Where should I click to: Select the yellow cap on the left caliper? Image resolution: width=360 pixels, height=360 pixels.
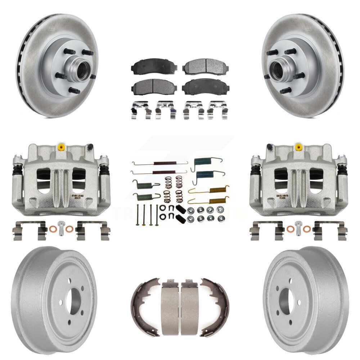(x=62, y=147)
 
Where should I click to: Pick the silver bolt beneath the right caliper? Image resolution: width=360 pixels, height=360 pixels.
(x=298, y=228)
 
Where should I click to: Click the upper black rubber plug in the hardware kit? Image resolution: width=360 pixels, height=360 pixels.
(x=180, y=208)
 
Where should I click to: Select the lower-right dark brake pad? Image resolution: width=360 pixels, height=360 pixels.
(x=205, y=87)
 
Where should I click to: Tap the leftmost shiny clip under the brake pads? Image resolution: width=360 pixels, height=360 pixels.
(x=141, y=110)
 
